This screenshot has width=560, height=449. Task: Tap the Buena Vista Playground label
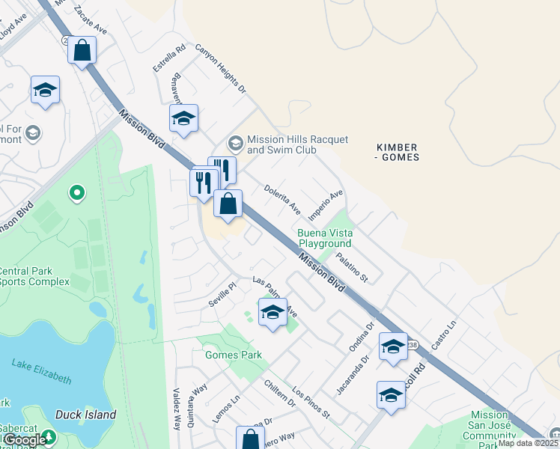[325, 238]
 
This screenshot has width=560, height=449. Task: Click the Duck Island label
[85, 414]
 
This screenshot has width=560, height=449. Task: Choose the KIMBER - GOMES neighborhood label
[397, 152]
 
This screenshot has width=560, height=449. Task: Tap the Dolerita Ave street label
[281, 198]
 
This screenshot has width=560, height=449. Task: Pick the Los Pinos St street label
[311, 403]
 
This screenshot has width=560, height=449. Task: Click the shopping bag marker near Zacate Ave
[82, 51]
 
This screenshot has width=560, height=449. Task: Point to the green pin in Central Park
[76, 194]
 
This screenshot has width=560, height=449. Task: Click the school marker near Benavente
[183, 118]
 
